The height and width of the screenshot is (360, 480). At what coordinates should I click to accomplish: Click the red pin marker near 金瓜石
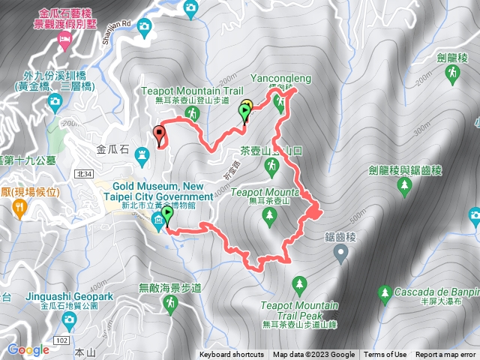point(159,135)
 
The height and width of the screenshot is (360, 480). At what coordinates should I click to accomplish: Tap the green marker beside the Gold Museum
point(166,216)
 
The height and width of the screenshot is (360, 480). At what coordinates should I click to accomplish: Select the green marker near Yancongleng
point(244,112)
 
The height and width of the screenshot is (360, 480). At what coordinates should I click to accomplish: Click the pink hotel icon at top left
point(64,39)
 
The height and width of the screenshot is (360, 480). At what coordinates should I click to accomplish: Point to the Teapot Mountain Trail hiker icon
point(193,113)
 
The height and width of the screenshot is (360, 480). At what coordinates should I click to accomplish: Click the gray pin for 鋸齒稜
point(341,255)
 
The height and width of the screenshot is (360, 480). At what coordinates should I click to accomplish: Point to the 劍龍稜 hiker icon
point(452,73)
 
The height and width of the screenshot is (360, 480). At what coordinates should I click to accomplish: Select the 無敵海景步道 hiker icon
point(171,303)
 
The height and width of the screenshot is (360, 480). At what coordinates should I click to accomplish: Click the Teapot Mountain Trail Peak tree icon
point(300,284)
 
